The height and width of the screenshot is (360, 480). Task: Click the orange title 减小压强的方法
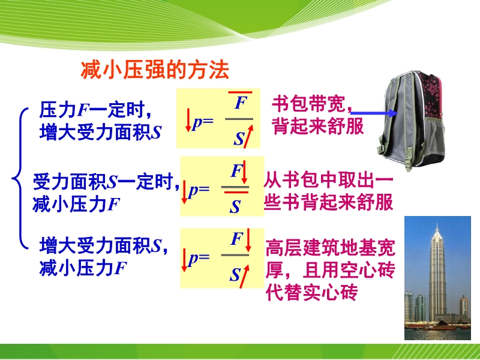click(155, 70)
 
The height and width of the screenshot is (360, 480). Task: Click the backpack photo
click(411, 121)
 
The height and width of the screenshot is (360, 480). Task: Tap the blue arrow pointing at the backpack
click(374, 113)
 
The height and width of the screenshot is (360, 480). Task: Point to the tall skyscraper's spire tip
click(437, 224)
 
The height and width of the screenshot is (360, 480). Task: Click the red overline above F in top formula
click(241, 92)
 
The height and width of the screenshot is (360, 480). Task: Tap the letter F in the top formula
click(241, 103)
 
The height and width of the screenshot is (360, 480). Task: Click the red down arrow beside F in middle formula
click(244, 172)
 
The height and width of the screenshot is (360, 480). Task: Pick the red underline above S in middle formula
click(236, 192)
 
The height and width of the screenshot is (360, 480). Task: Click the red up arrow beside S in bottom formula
click(245, 276)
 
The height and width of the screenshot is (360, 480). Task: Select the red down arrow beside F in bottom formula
click(248, 240)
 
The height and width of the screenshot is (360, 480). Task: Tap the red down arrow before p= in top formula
click(188, 120)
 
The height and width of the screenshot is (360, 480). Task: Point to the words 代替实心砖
click(311, 292)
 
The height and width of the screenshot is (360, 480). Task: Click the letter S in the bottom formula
click(235, 275)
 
